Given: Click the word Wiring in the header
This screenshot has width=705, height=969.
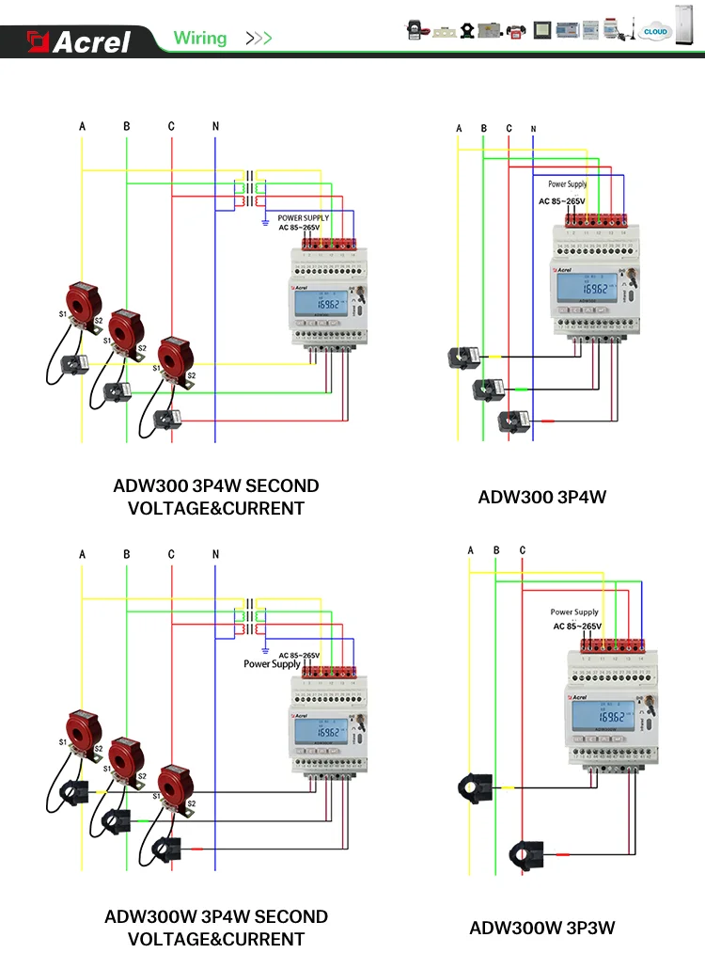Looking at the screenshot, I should [x=200, y=39].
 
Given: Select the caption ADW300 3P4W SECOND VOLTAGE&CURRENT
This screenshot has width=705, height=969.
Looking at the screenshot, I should [x=216, y=497].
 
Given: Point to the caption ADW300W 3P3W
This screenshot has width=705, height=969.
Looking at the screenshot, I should [x=542, y=929].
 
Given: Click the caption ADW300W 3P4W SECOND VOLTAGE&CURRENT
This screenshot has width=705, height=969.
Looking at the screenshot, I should [x=216, y=927].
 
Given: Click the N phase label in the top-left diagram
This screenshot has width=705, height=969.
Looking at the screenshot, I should [x=215, y=125].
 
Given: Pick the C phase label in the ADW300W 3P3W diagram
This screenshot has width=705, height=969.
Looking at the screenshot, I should [x=523, y=550].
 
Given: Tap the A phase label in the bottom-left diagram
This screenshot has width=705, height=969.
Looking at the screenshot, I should [x=82, y=555].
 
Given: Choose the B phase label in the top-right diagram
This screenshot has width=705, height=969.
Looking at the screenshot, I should [x=483, y=128].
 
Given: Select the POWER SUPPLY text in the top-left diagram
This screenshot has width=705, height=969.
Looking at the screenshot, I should [x=304, y=218].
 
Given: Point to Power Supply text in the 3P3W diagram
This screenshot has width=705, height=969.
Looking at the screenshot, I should [x=574, y=612].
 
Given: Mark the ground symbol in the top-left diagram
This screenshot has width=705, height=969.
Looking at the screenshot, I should [x=267, y=222].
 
